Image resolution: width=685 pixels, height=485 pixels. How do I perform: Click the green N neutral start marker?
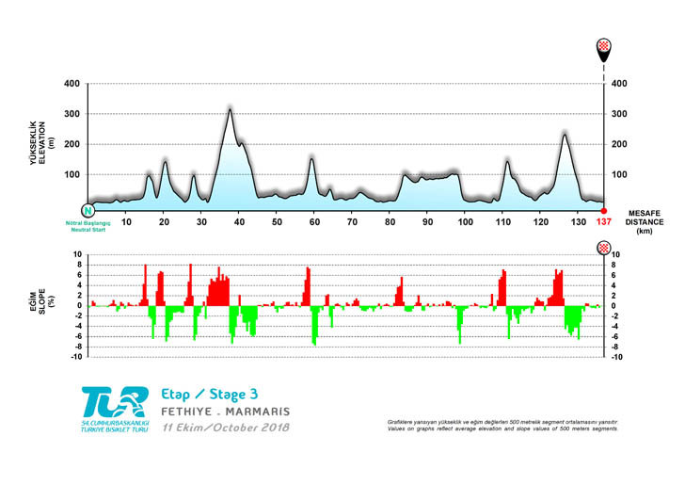tap(88, 211)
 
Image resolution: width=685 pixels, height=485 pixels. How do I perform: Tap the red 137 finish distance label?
tap(604, 221)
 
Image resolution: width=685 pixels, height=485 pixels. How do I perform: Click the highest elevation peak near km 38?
tap(230, 109)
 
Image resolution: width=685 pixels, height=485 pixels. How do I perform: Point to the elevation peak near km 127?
tap(565, 134)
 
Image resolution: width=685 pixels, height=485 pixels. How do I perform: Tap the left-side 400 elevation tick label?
tap(72, 84)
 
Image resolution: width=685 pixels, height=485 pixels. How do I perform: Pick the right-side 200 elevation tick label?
tap(619, 144)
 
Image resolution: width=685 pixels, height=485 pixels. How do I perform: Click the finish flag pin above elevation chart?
tap(604, 51)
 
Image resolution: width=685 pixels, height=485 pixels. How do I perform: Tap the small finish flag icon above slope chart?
tap(604, 247)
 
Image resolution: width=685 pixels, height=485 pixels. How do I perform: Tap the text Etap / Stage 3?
tap(209, 393)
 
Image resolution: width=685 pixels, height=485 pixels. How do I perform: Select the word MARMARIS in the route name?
tap(257, 412)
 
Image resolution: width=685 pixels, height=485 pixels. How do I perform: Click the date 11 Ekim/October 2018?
tap(225, 428)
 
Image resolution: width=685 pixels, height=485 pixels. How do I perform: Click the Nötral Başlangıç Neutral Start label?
tap(88, 226)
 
